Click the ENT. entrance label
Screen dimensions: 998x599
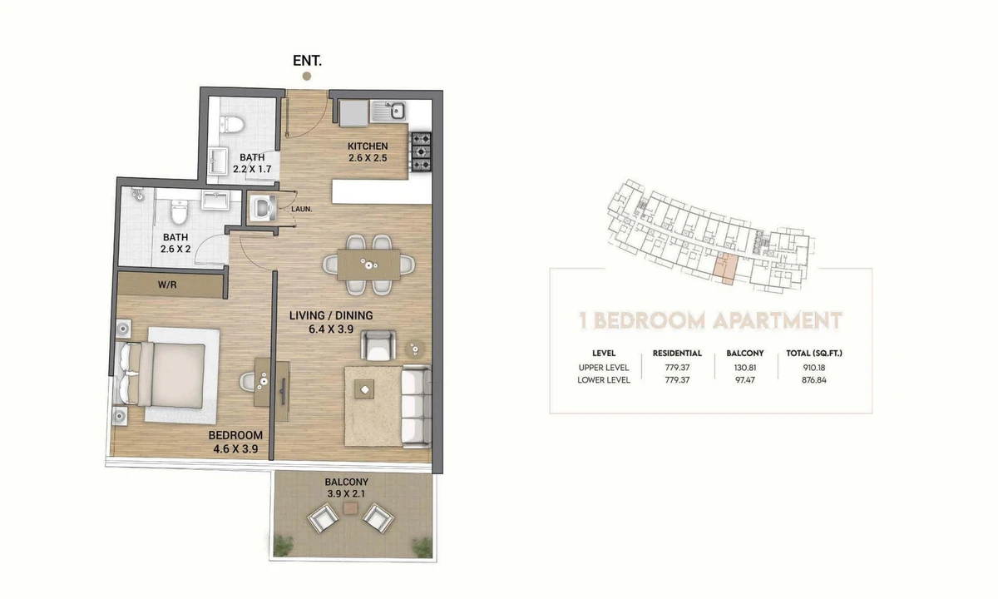pyautogui.click(x=307, y=61)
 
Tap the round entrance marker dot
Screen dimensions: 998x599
pyautogui.click(x=307, y=77)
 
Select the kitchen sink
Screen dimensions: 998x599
pyautogui.click(x=389, y=111)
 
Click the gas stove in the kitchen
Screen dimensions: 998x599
pyautogui.click(x=421, y=152)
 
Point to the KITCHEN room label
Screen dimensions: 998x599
pyautogui.click(x=368, y=146)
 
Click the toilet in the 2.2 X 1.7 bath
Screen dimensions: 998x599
pyautogui.click(x=232, y=124)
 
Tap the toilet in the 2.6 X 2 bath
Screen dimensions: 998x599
pyautogui.click(x=179, y=212)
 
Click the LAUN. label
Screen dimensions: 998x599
pyautogui.click(x=302, y=209)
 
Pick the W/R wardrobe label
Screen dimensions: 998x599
pyautogui.click(x=167, y=285)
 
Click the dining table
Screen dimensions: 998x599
pyautogui.click(x=369, y=265)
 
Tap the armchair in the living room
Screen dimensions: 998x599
pyautogui.click(x=378, y=345)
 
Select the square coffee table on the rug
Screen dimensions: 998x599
pyautogui.click(x=364, y=389)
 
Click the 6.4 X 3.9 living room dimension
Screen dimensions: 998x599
pyautogui.click(x=331, y=329)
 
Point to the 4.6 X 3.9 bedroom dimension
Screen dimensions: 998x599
pyautogui.click(x=235, y=448)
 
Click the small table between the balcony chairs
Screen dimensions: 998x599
pyautogui.click(x=351, y=508)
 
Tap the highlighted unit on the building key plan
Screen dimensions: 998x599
pyautogui.click(x=725, y=269)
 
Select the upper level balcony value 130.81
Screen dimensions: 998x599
pyautogui.click(x=745, y=368)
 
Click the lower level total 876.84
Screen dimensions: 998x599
pyautogui.click(x=814, y=380)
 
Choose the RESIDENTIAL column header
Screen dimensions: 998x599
pyautogui.click(x=677, y=354)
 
